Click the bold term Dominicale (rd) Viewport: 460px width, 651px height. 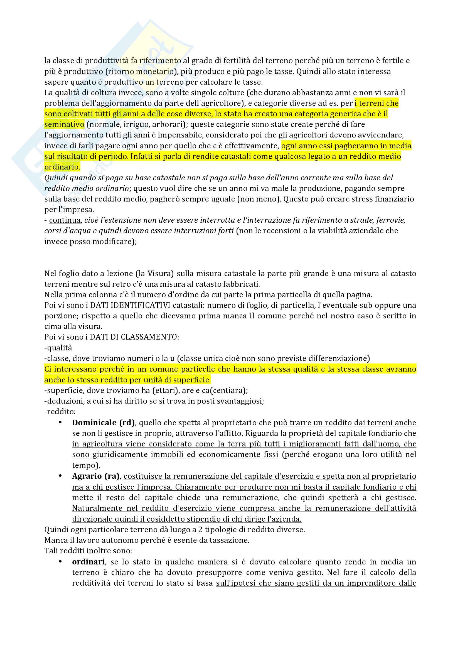103,422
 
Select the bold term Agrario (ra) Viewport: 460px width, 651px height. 96,476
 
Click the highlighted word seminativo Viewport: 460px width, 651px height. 64,124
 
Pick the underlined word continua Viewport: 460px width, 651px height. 65,220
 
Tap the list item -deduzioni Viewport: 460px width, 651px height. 61,401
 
